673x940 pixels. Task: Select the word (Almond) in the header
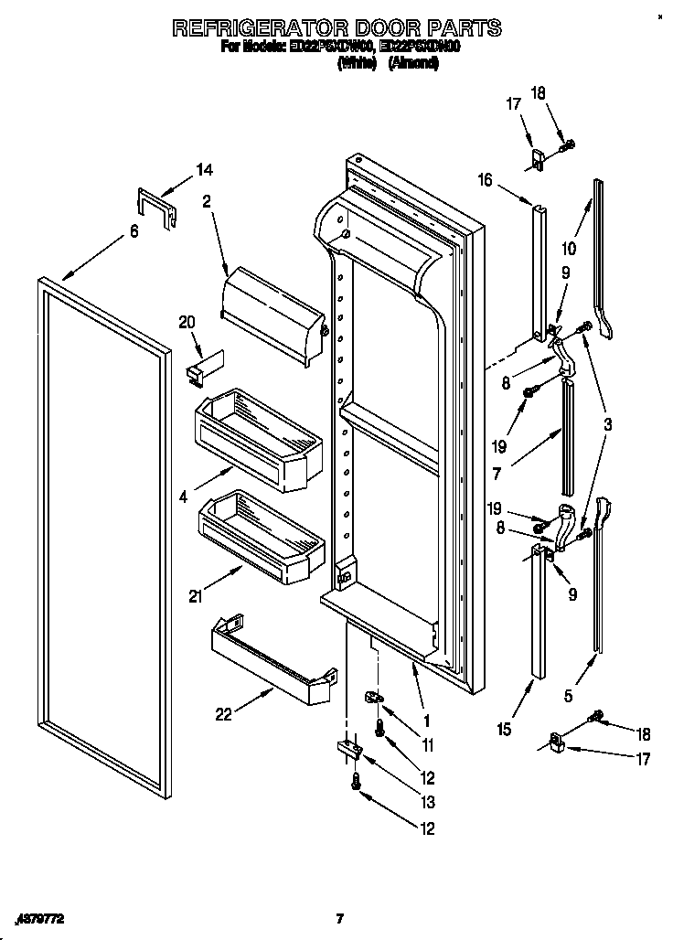[413, 63]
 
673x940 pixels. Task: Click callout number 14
[204, 169]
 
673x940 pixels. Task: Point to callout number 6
[134, 232]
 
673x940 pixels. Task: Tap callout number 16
[485, 180]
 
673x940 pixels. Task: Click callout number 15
[505, 729]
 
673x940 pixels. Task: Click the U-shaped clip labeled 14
[157, 207]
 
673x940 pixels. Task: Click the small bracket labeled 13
[351, 749]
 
